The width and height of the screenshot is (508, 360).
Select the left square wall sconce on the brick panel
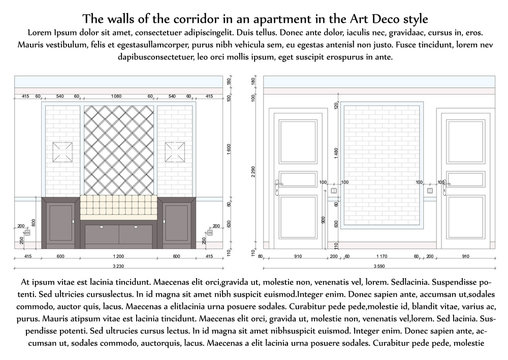pos(62,155)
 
